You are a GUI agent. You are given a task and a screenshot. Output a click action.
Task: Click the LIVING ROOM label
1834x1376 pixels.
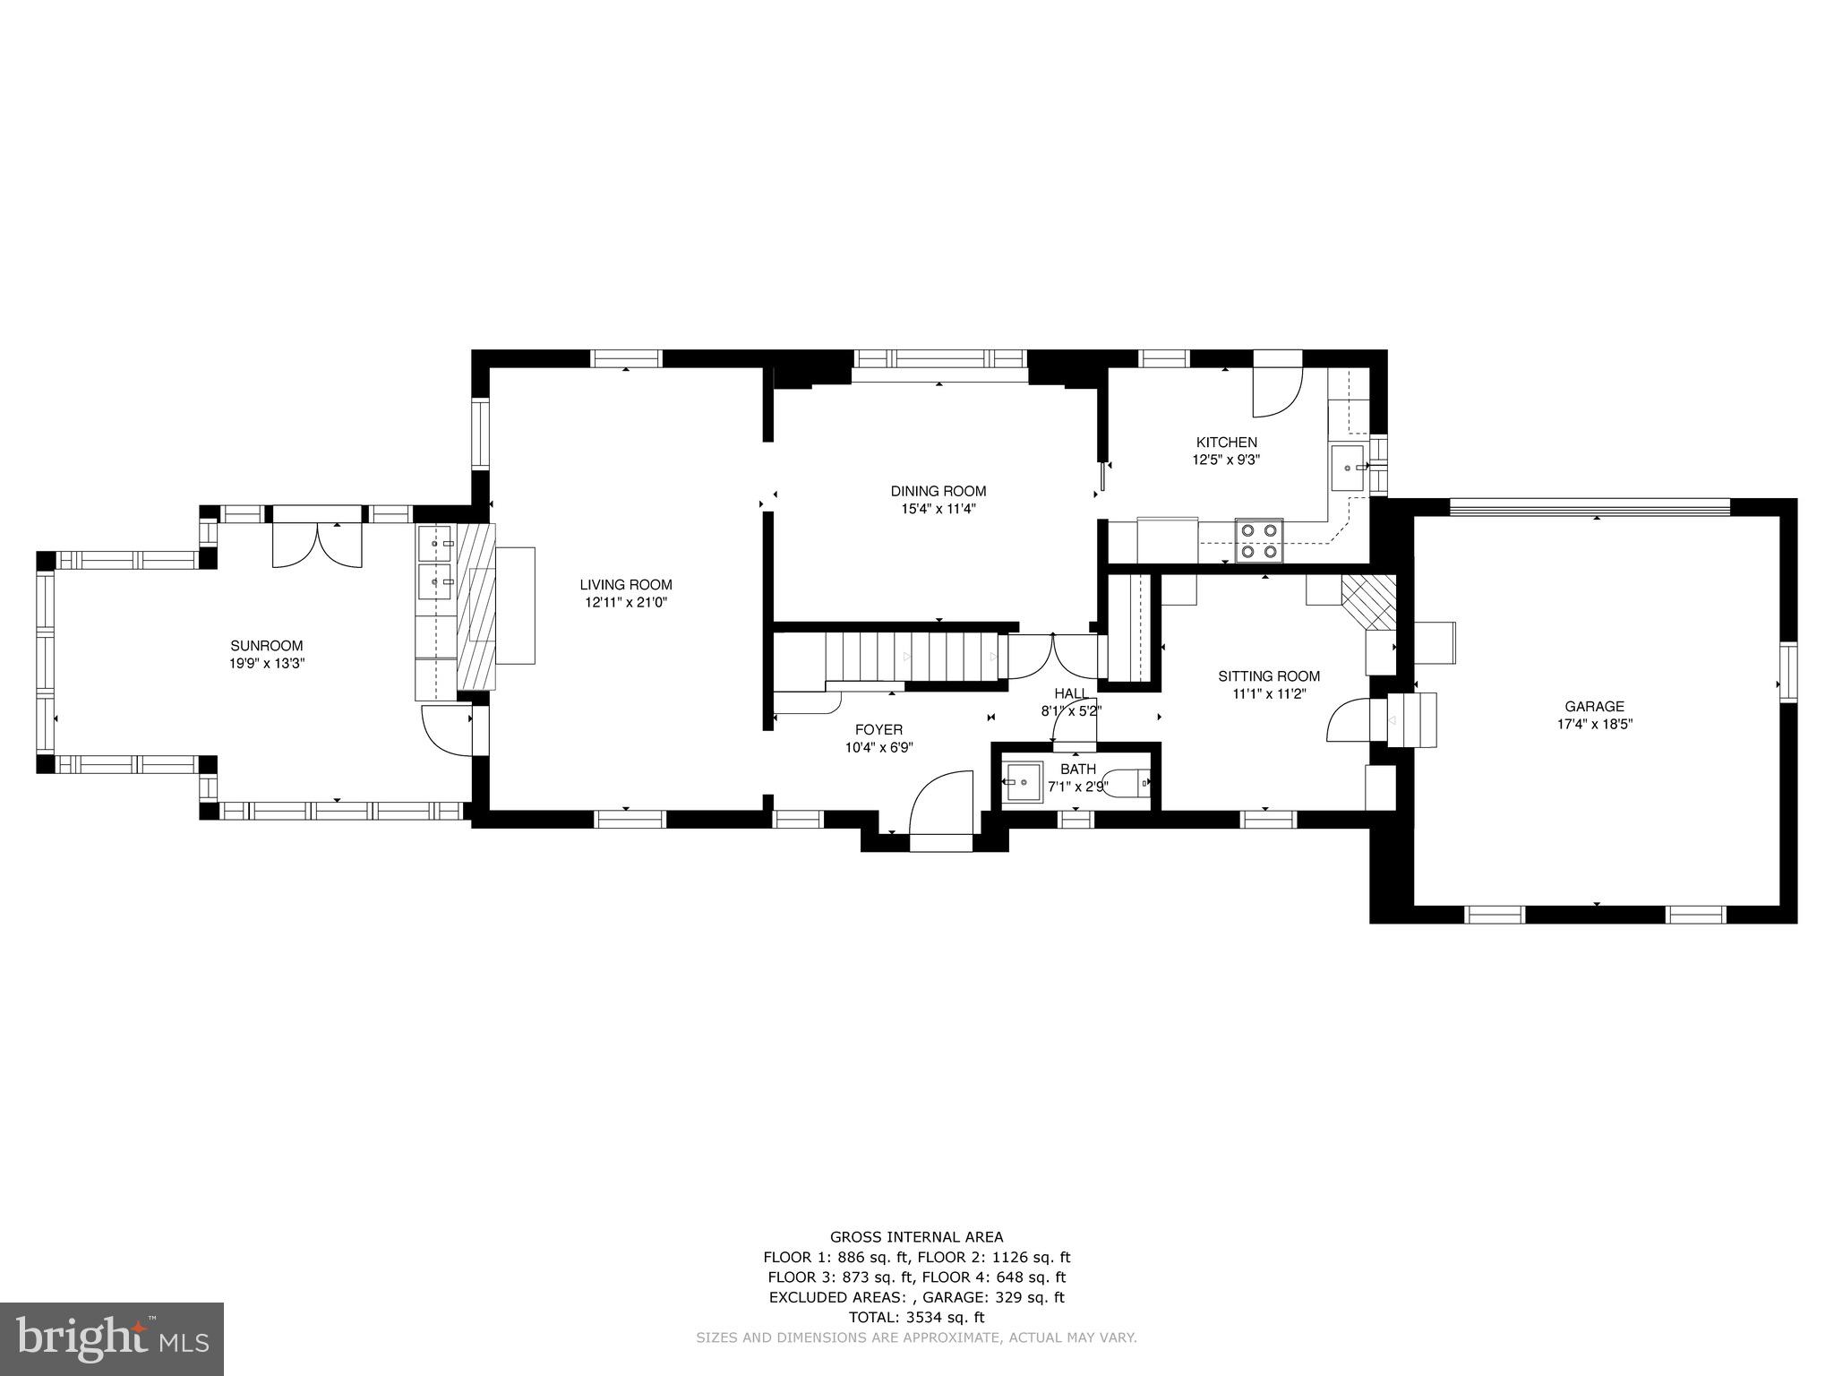[x=625, y=585]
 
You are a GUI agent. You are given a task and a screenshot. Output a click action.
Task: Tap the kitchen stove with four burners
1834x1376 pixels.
[x=1258, y=540]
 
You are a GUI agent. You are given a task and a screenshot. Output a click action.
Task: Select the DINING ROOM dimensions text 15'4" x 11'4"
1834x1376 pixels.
[x=938, y=509]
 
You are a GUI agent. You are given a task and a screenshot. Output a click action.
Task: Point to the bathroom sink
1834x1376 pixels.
[x=1022, y=782]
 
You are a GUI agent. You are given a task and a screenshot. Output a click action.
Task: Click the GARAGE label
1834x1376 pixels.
[x=1594, y=707]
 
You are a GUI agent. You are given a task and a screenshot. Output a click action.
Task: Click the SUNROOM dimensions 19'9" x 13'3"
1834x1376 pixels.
[x=266, y=664]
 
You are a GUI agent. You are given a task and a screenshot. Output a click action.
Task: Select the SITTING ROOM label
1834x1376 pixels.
[x=1268, y=676]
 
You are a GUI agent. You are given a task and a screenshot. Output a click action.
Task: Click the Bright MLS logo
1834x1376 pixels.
[x=112, y=1338]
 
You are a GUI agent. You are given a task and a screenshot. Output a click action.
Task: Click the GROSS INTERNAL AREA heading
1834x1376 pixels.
[x=916, y=1237]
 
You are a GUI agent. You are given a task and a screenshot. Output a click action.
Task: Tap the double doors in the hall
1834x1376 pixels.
[x=1053, y=656]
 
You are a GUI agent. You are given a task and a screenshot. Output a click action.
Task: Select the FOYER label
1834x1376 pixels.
[x=878, y=729]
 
